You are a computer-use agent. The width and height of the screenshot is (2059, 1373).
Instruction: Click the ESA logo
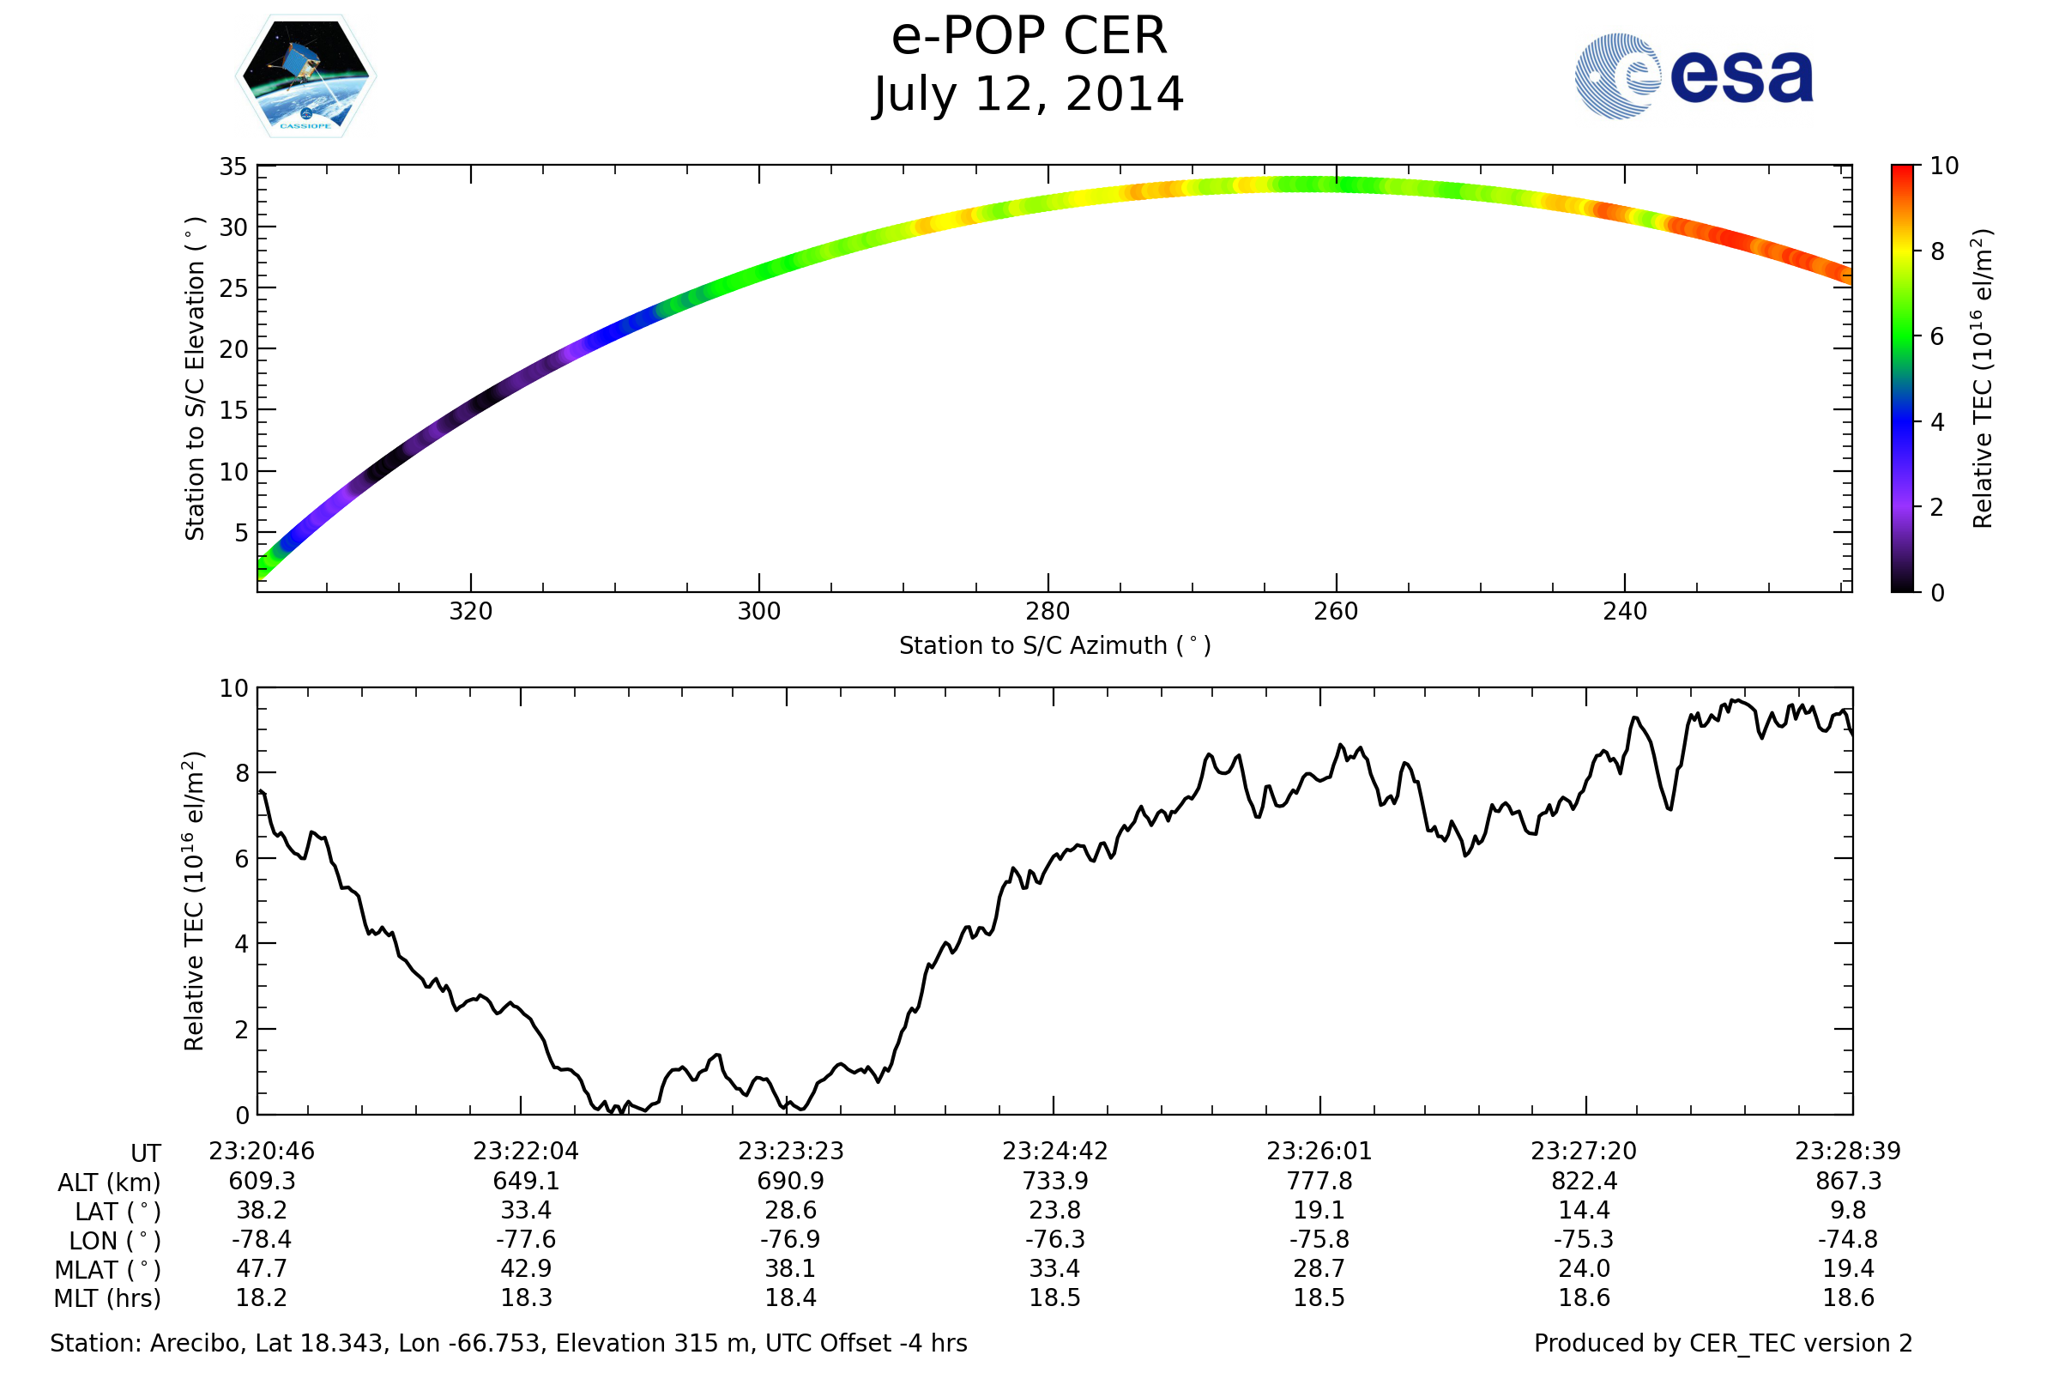[1693, 76]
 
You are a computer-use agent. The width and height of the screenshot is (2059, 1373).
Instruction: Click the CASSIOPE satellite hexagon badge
[305, 76]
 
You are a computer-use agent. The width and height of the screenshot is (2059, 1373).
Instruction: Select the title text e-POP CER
[1029, 37]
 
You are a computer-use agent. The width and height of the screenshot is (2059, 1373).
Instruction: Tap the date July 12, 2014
[1029, 94]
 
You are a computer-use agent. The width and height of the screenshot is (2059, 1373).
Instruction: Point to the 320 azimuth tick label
[470, 611]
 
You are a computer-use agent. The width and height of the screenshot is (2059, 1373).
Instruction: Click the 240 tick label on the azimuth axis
[1624, 611]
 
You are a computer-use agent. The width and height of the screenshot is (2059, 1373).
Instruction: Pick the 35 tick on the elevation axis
[232, 166]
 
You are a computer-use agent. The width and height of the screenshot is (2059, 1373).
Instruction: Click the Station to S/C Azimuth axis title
[1055, 646]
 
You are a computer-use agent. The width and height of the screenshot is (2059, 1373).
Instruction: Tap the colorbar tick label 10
[1943, 166]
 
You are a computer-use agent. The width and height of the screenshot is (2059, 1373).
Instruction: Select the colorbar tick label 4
[1937, 422]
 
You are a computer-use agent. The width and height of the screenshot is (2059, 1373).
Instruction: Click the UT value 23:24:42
[1055, 1152]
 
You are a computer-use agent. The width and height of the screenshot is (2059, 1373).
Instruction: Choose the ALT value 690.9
[790, 1182]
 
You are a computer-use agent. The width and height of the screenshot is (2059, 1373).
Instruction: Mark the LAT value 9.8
[1848, 1210]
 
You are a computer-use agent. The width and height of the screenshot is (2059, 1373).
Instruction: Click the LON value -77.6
[525, 1240]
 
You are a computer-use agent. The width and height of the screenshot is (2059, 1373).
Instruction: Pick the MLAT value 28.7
[1319, 1269]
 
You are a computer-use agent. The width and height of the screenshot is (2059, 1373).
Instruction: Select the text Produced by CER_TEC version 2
[1723, 1343]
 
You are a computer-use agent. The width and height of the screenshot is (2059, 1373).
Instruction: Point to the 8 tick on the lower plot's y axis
[242, 773]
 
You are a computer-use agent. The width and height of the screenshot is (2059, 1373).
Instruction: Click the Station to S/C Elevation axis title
[195, 378]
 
